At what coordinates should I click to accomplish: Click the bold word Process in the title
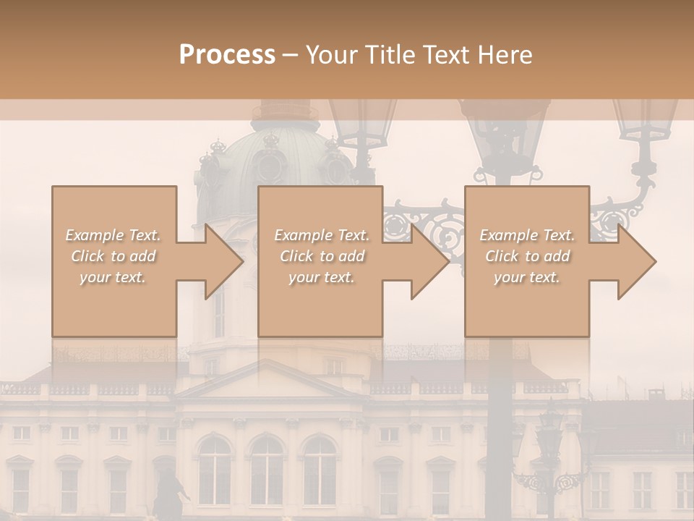[227, 55]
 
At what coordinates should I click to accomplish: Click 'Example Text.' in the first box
[113, 235]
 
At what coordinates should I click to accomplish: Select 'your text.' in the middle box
[321, 277]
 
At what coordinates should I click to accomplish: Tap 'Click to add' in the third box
[527, 256]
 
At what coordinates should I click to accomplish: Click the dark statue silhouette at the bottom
[168, 492]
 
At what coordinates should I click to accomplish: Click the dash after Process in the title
[290, 55]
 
